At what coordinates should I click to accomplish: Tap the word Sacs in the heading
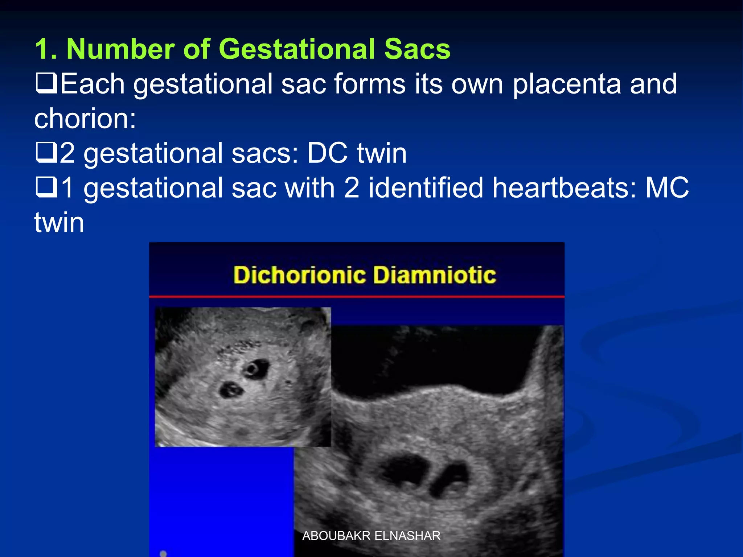click(x=417, y=49)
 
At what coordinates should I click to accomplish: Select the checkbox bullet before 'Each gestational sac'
click(x=46, y=83)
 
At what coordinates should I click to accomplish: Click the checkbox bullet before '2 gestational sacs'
click(x=46, y=152)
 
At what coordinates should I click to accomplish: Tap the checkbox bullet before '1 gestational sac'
click(x=46, y=187)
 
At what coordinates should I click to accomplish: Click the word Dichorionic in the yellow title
click(x=299, y=275)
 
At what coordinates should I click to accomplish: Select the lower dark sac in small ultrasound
click(x=231, y=390)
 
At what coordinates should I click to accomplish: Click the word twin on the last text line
click(x=59, y=222)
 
